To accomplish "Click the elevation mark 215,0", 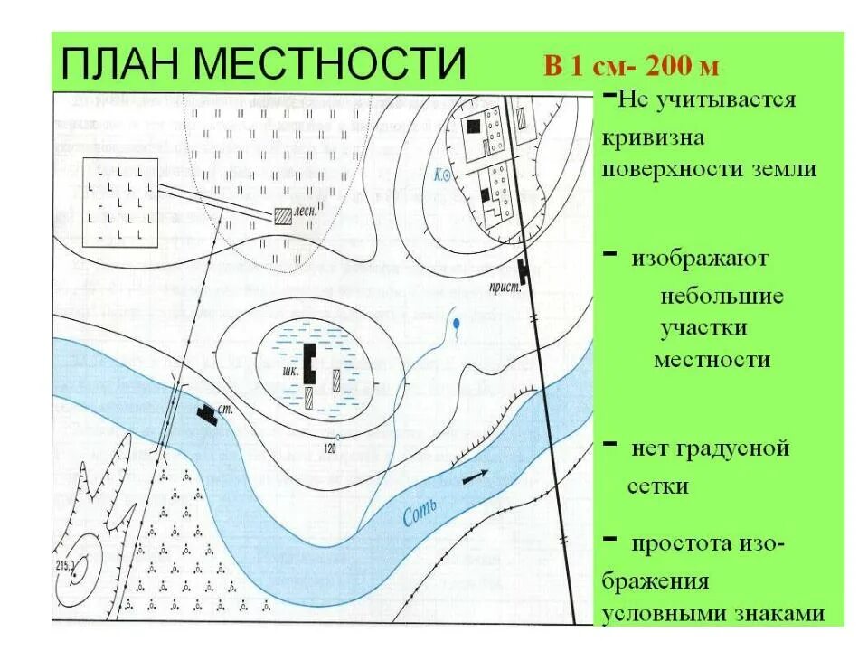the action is point(69,566).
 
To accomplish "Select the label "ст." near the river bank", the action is point(227,409).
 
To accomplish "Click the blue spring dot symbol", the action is point(458,323).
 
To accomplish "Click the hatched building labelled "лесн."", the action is point(283,214).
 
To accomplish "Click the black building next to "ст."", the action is point(208,413).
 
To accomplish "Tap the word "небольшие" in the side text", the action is point(722,297).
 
